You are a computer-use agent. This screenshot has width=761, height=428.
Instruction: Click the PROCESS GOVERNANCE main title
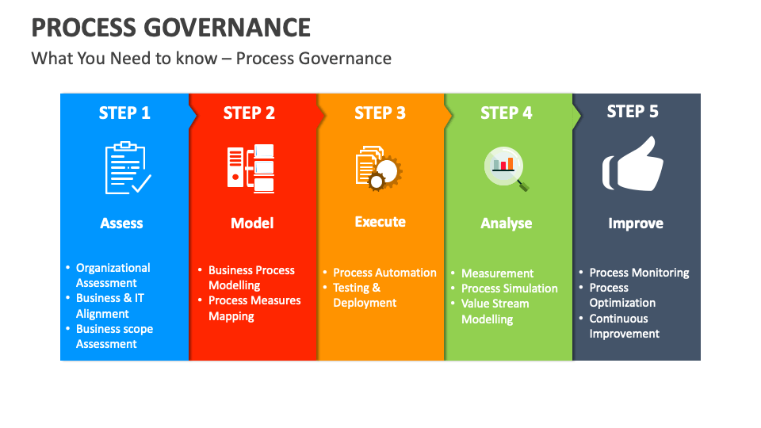click(x=171, y=27)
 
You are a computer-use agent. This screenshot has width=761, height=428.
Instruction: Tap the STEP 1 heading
click(x=124, y=113)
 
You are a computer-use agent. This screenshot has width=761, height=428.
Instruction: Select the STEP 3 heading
click(x=380, y=113)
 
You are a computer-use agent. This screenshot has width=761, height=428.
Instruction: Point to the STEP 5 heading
click(x=633, y=112)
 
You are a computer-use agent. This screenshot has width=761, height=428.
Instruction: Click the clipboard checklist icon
click(x=126, y=167)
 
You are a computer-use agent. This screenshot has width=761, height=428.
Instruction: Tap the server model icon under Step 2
click(x=250, y=167)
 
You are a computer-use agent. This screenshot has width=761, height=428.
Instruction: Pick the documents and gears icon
click(x=378, y=167)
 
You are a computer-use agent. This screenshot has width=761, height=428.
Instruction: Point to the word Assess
click(x=121, y=224)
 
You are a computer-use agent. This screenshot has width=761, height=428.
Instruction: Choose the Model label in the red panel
click(x=252, y=224)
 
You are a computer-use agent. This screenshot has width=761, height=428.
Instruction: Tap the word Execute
click(x=380, y=222)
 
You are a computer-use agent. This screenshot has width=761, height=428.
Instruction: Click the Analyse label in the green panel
click(x=507, y=224)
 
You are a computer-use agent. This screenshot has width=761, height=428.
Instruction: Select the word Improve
click(x=635, y=224)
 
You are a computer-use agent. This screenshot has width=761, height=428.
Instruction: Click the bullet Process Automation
click(x=384, y=273)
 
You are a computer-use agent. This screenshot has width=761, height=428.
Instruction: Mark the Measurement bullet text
click(x=497, y=273)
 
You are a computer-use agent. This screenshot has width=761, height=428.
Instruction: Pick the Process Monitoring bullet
click(x=639, y=273)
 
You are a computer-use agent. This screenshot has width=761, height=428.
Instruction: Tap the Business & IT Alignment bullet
click(x=109, y=306)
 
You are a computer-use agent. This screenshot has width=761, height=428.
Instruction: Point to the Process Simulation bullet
click(x=509, y=289)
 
